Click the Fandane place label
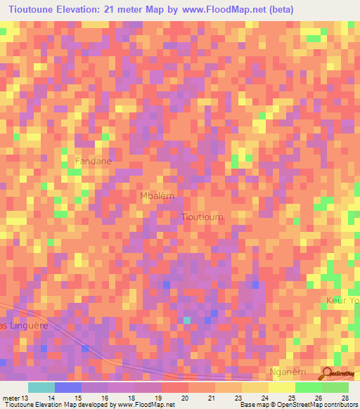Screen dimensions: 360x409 [94, 161]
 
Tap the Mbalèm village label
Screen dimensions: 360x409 [157, 196]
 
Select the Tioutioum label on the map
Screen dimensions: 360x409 [202, 217]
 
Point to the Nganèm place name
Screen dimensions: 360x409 [289, 371]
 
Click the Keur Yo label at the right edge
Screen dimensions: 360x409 [342, 301]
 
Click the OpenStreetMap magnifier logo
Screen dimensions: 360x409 [328, 372]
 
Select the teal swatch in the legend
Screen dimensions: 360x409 [41, 387]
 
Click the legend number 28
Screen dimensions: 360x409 [345, 398]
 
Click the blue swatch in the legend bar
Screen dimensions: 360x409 [68, 387]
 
